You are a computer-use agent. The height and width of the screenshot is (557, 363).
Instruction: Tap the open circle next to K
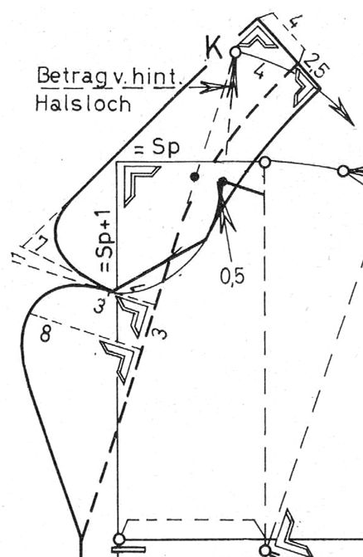click(x=235, y=52)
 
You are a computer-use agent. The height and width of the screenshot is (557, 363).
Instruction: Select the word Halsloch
click(x=83, y=104)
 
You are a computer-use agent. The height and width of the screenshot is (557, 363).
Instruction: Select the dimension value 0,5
click(x=232, y=276)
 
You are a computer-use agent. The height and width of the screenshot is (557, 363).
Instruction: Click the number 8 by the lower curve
click(x=45, y=334)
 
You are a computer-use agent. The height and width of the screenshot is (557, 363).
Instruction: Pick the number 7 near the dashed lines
click(x=41, y=243)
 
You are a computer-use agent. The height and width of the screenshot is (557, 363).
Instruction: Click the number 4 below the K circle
click(x=260, y=72)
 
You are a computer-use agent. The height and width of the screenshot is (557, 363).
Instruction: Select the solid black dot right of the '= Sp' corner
click(x=194, y=177)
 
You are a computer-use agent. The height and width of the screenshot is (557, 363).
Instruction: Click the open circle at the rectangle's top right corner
click(x=265, y=163)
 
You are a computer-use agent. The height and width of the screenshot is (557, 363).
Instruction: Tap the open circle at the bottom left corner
click(x=119, y=540)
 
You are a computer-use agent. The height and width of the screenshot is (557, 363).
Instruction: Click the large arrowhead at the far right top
click(x=342, y=110)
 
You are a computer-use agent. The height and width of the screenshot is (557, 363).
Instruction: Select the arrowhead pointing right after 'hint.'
click(x=212, y=86)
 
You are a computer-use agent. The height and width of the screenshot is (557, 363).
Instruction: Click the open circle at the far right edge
click(x=343, y=171)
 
